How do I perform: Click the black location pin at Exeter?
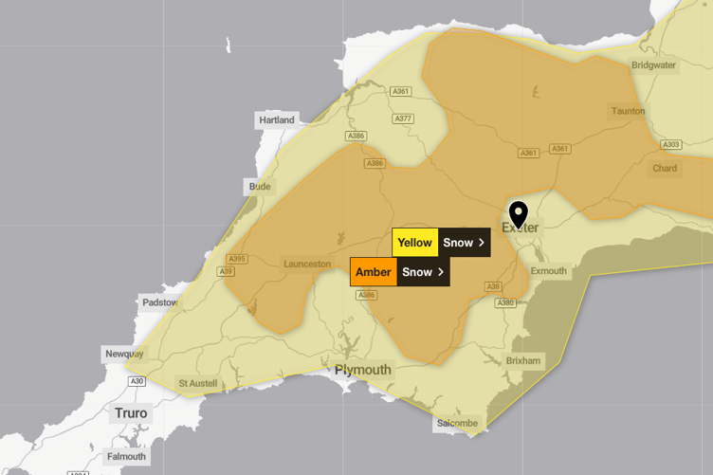click(x=518, y=214)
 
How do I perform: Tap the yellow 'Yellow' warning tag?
click(x=414, y=243)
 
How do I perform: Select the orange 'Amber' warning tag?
click(x=373, y=272)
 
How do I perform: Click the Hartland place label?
click(x=277, y=120)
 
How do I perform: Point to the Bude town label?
click(x=260, y=187)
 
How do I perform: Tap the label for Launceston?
click(x=307, y=264)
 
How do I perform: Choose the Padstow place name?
click(x=159, y=302)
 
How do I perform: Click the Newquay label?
click(x=124, y=354)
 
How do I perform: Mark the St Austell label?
click(x=197, y=383)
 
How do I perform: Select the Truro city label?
click(x=131, y=413)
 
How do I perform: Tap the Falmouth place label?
click(x=126, y=456)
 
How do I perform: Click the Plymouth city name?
click(x=362, y=370)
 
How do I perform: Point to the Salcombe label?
click(x=457, y=423)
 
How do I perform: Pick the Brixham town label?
click(x=522, y=360)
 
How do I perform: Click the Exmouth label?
click(x=548, y=271)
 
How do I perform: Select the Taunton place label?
click(x=628, y=111)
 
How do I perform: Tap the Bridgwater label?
click(x=653, y=65)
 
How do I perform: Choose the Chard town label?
click(x=665, y=169)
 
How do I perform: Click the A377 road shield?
click(x=404, y=119)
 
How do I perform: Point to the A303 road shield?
click(x=671, y=145)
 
